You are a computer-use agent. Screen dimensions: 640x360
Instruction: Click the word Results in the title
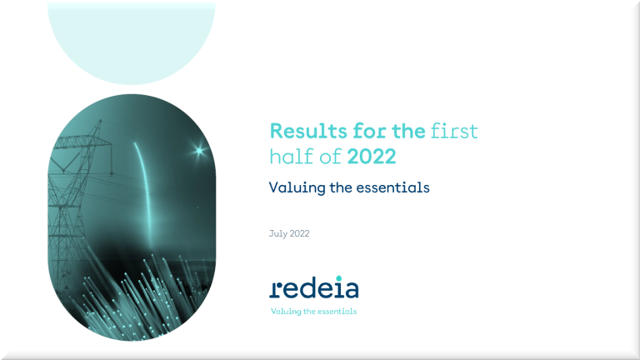point(308,131)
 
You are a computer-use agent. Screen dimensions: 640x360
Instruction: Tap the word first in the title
point(454,131)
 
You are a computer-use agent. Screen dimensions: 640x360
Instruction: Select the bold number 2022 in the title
point(372,157)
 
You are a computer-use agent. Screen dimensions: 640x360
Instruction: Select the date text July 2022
point(289,233)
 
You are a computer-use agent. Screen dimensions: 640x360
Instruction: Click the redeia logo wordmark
point(314,287)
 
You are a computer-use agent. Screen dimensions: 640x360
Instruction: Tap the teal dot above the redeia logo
point(339,278)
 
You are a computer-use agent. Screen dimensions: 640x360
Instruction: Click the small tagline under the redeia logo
point(314,312)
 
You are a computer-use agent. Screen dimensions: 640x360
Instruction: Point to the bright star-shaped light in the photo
point(199,151)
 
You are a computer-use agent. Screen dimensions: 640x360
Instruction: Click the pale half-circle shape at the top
point(132,43)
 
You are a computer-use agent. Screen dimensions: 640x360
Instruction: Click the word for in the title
point(369,131)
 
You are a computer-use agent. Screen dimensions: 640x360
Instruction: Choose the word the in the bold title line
point(408,131)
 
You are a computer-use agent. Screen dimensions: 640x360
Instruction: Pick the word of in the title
point(330,157)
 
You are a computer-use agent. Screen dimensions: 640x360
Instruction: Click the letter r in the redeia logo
point(275,289)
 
